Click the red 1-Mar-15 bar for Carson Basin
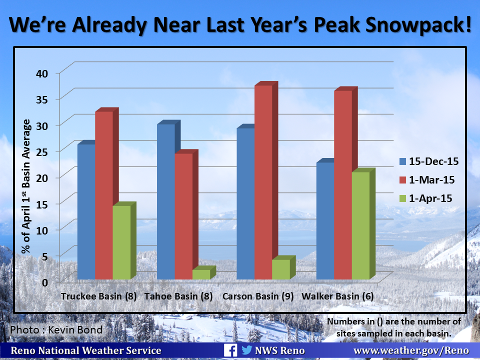[263, 182]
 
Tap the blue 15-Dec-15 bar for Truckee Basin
[86, 211]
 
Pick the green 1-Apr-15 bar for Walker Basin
[360, 225]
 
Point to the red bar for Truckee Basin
[103, 195]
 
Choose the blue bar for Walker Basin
[325, 220]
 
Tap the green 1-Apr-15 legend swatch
[403, 198]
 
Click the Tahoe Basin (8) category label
[178, 296]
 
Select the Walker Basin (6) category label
[337, 296]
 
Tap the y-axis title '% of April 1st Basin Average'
[26, 186]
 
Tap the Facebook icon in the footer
[230, 350]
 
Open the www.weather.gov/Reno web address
[411, 350]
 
